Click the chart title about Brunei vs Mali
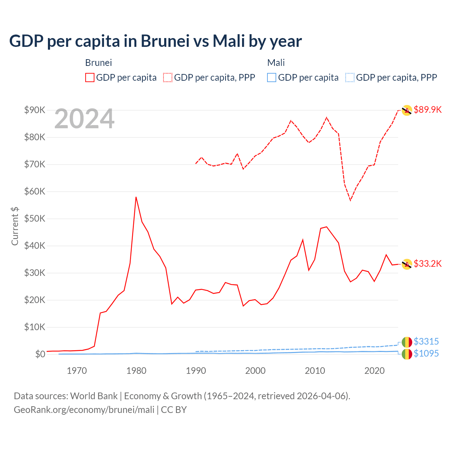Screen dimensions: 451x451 (155, 41)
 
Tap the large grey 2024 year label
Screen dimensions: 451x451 (84, 119)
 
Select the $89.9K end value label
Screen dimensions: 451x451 (427, 110)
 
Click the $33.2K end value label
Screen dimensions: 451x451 (427, 264)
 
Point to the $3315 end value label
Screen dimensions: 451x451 (426, 341)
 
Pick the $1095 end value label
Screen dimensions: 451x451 (426, 353)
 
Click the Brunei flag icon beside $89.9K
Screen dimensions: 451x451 (407, 110)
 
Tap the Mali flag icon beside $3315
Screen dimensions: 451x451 (407, 342)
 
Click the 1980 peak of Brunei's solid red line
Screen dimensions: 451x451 (136, 197)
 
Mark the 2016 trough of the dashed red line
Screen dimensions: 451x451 (351, 200)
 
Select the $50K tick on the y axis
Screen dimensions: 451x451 (35, 218)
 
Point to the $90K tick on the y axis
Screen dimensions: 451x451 (35, 110)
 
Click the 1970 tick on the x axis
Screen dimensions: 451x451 (77, 371)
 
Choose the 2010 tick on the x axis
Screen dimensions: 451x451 (315, 371)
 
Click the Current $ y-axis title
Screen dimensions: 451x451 (15, 226)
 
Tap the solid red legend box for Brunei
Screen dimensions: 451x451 (90, 78)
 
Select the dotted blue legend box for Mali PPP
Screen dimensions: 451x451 (350, 78)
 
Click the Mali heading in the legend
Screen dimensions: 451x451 (276, 63)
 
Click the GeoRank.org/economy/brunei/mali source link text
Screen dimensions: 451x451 (84, 410)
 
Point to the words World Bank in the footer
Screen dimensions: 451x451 (94, 396)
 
